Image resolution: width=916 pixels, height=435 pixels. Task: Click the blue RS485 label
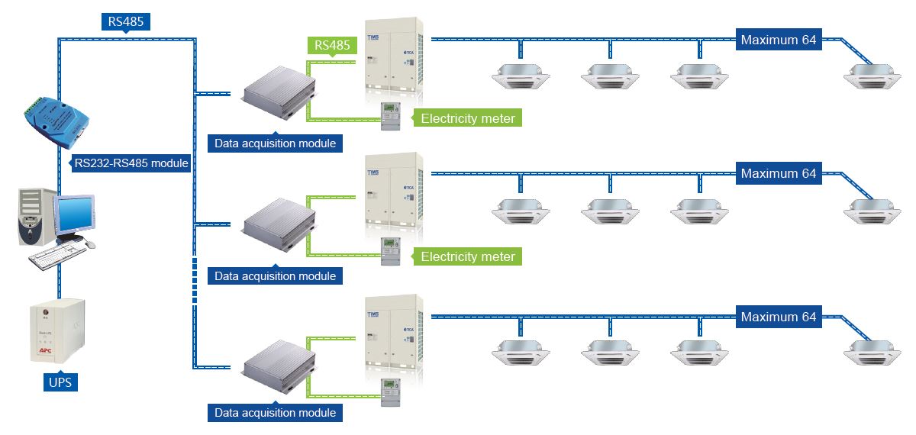point(126,21)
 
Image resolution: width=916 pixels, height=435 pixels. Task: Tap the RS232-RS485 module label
point(131,163)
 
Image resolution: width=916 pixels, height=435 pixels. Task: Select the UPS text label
point(59,382)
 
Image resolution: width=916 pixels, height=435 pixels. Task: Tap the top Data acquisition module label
point(275,143)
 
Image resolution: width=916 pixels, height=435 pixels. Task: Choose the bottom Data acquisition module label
point(275,413)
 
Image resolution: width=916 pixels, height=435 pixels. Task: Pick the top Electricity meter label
point(468,118)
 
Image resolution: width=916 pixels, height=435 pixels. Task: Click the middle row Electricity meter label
point(468,256)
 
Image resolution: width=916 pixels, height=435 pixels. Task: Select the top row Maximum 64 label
point(779,40)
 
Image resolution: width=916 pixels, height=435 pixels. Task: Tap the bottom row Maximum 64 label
point(779,317)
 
